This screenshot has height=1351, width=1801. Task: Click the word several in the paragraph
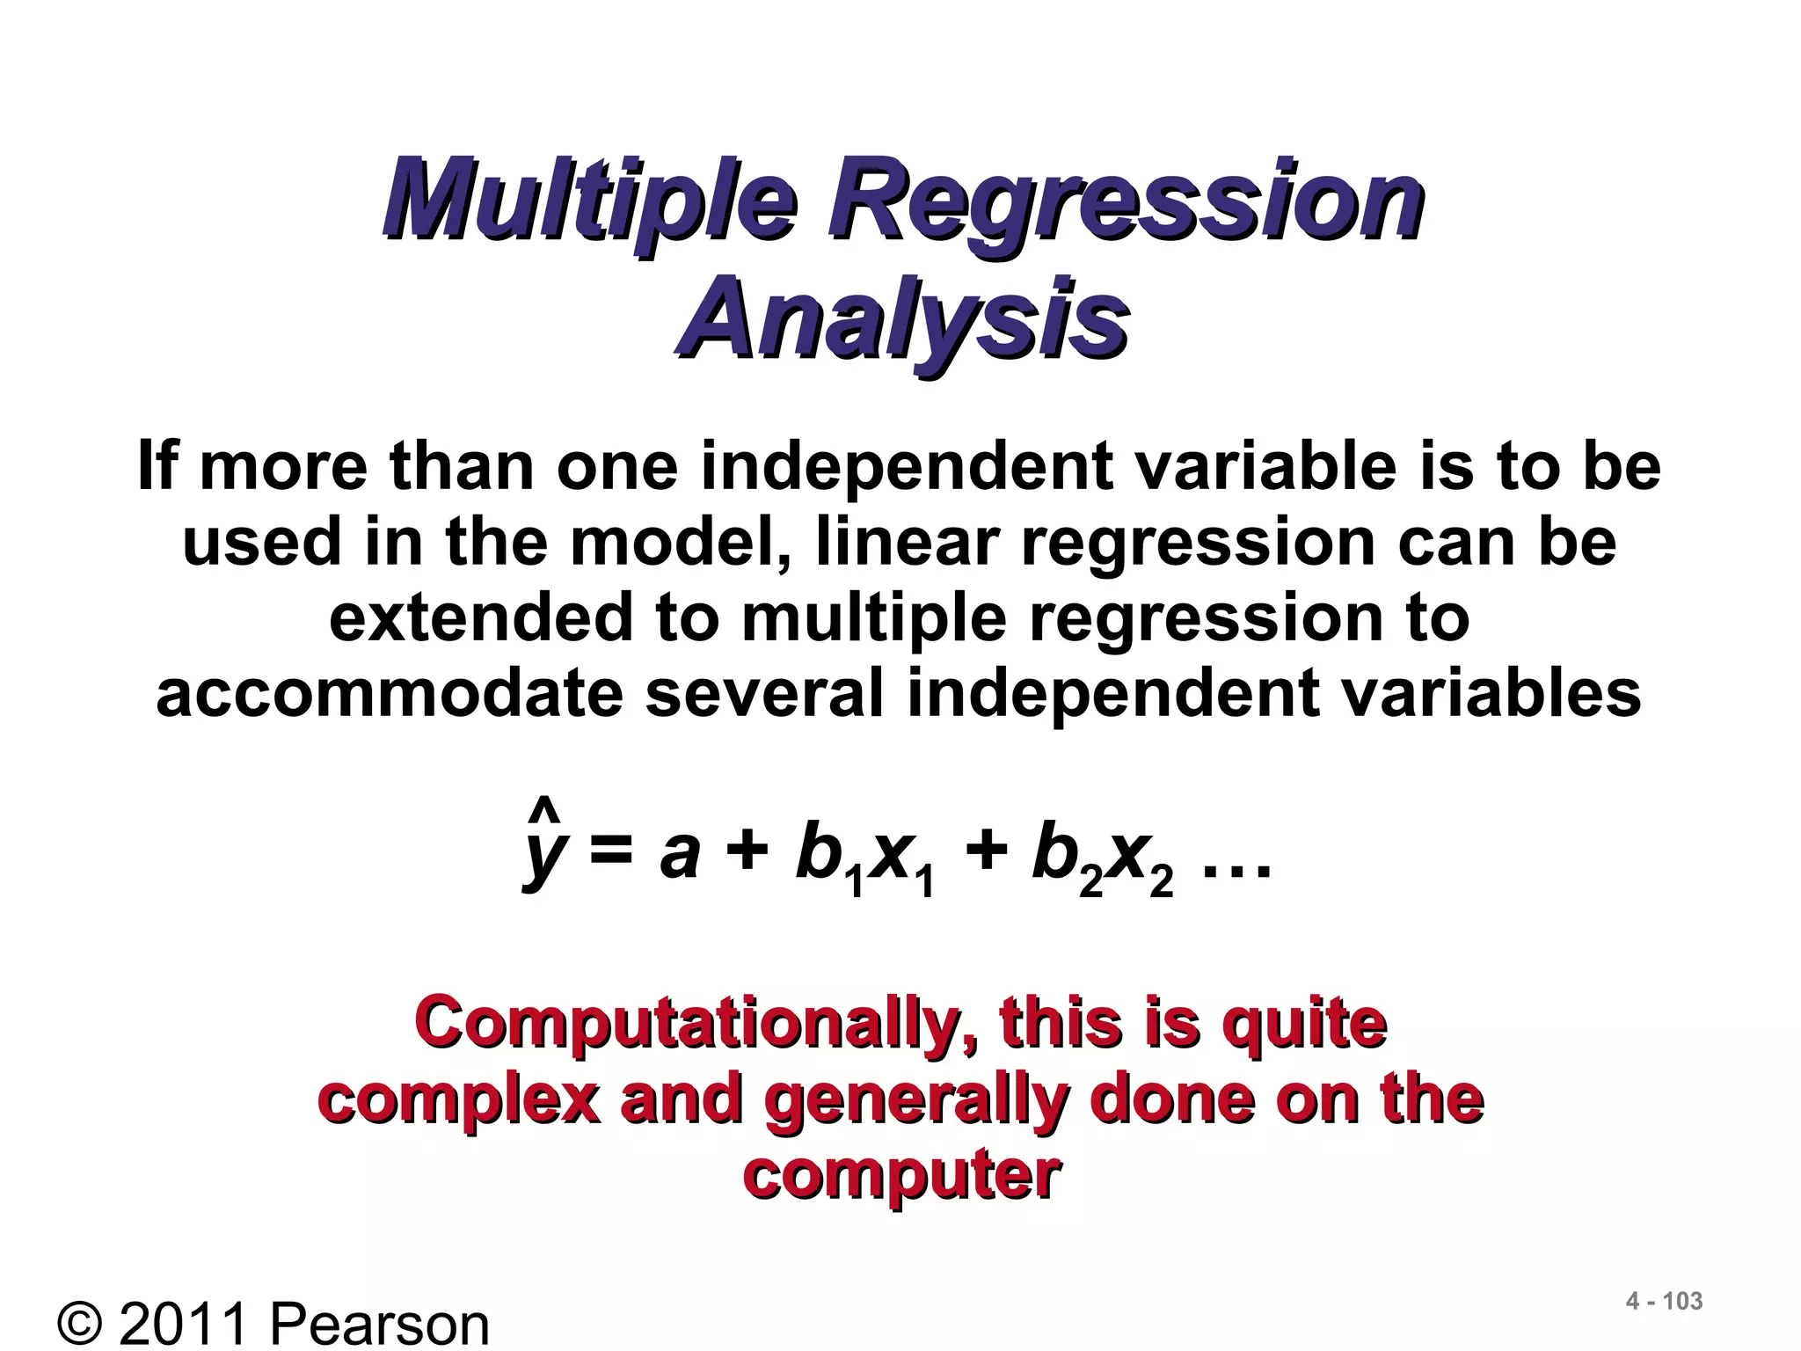pyautogui.click(x=764, y=692)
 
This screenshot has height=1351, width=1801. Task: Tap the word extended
pyautogui.click(x=480, y=617)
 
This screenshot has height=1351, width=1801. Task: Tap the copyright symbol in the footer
pyautogui.click(x=84, y=1324)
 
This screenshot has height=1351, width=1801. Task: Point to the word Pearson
pyautogui.click(x=378, y=1324)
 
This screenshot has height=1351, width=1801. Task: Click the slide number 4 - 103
pyautogui.click(x=1664, y=1302)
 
